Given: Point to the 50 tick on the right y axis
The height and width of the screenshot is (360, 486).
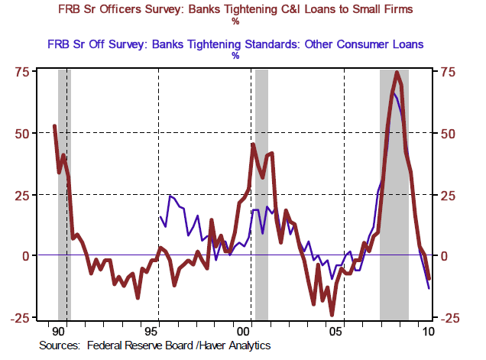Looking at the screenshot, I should pyautogui.click(x=446, y=133).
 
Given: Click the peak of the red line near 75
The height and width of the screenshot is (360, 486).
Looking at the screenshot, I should pyautogui.click(x=397, y=73).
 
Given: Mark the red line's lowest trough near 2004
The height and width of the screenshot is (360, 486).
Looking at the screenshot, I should pyautogui.click(x=332, y=314).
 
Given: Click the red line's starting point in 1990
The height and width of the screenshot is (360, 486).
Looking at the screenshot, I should pyautogui.click(x=54, y=125).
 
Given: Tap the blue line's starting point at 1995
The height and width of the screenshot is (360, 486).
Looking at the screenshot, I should pyautogui.click(x=160, y=216).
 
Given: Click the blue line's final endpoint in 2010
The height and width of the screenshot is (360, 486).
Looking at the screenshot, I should pyautogui.click(x=429, y=288).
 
